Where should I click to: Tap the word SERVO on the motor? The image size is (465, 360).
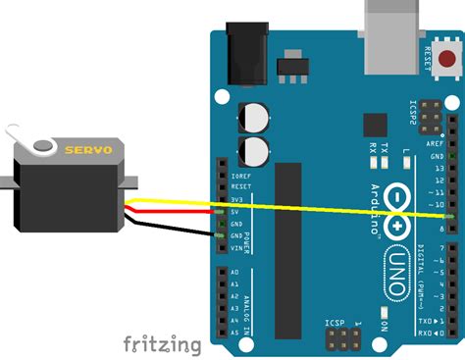tap(88, 150)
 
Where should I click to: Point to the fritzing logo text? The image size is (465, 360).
tap(162, 344)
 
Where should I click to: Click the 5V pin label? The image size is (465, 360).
tap(237, 211)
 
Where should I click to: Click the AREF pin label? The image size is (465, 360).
tap(435, 143)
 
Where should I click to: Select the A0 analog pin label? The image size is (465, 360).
tap(235, 271)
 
